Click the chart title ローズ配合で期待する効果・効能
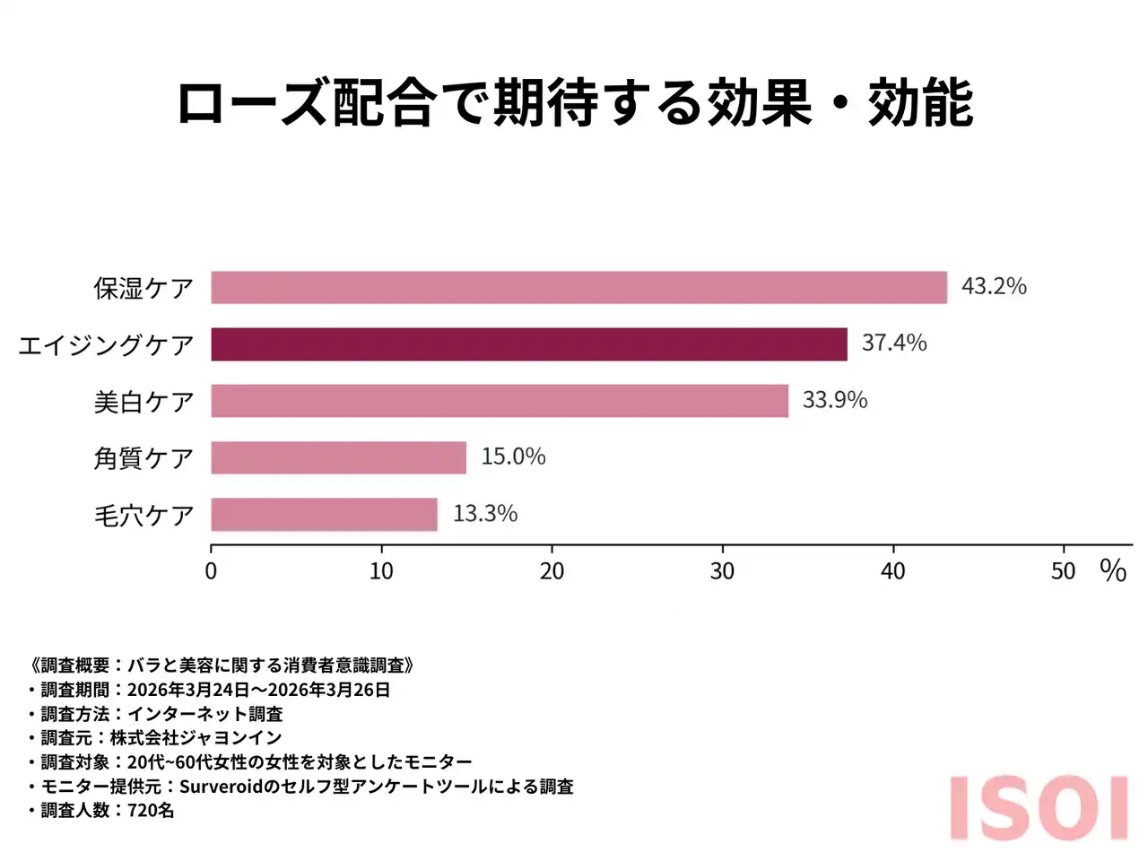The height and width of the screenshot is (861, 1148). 575,103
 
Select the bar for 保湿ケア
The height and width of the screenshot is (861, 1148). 578,288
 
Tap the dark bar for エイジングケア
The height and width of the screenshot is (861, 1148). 529,344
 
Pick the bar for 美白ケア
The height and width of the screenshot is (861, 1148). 500,401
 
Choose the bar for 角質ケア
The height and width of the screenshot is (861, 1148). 338,457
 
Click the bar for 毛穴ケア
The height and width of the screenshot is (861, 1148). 324,515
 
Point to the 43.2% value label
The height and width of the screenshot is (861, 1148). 994,286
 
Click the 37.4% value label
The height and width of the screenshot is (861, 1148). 894,343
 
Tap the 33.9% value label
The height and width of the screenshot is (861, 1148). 834,400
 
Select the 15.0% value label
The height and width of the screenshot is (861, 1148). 513,457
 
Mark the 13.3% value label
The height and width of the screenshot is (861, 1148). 485,514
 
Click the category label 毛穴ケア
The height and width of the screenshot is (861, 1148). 144,516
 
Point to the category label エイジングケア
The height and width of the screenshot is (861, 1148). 106,345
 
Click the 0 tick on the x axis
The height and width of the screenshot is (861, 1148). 211,571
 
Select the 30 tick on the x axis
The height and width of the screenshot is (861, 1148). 722,571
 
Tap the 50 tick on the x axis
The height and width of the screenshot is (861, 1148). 1063,571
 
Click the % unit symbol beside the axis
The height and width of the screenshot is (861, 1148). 1113,570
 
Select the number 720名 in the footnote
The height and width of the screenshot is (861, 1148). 151,811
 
